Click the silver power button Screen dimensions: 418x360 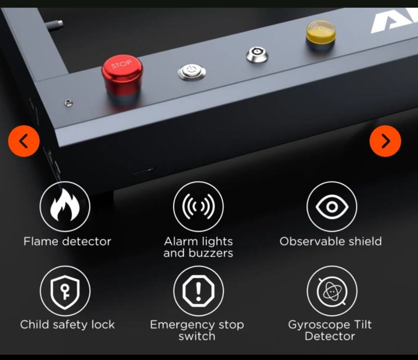pos(192,72)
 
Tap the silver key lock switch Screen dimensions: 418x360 pos(257,54)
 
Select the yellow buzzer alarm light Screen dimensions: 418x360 pos(321,34)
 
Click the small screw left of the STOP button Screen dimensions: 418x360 pos(68,103)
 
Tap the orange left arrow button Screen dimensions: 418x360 pos(23,141)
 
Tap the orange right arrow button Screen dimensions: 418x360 pos(385,141)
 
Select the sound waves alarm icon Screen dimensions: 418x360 pos(198,206)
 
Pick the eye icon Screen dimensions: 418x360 pos(332,206)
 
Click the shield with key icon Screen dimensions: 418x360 pos(65,291)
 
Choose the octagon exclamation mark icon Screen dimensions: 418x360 pos(198,291)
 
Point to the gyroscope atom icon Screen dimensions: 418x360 pos(332,291)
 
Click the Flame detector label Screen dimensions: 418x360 pos(67,242)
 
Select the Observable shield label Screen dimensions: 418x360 pos(330,242)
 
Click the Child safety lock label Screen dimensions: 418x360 pos(67,325)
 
